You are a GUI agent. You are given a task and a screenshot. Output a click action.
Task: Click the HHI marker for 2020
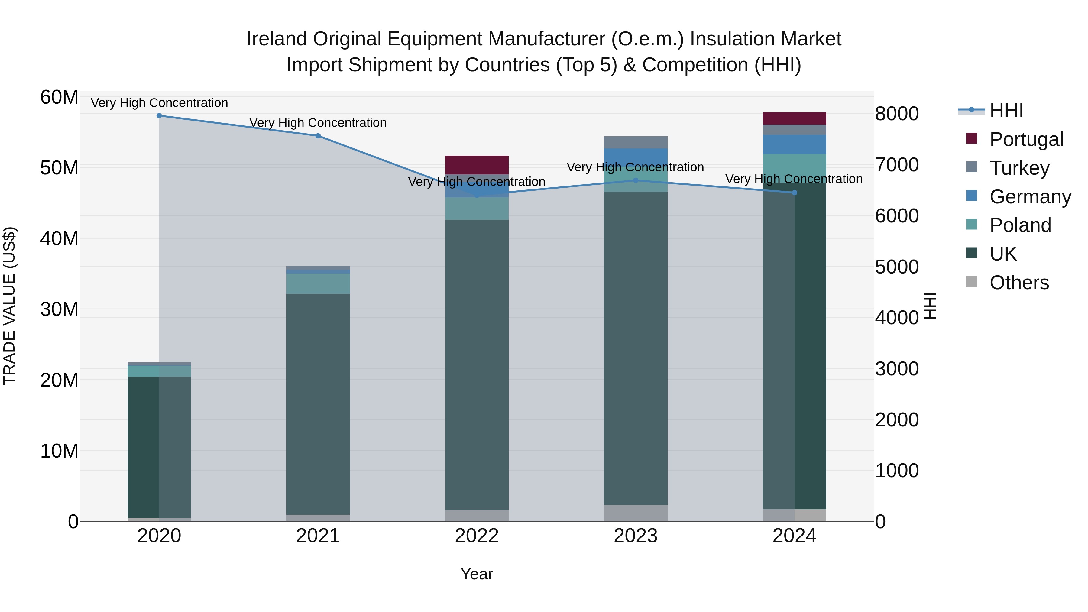point(159,116)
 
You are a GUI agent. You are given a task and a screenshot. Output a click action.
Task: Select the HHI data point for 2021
point(318,136)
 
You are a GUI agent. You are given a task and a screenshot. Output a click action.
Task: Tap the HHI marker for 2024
point(795,193)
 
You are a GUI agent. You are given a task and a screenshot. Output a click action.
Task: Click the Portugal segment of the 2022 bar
point(477,165)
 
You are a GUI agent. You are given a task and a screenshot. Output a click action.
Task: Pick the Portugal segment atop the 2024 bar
point(795,118)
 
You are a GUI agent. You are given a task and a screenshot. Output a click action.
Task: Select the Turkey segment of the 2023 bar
point(636,142)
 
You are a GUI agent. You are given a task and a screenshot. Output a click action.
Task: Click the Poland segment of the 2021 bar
point(318,283)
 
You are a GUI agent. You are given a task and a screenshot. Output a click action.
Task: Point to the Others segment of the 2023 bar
point(636,513)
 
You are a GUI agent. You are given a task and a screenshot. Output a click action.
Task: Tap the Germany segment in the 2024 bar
point(795,144)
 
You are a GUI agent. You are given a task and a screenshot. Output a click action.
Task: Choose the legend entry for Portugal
point(1026,139)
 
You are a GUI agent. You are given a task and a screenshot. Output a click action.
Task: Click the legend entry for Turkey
point(1019,168)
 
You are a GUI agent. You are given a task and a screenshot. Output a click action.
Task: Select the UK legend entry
point(1003,254)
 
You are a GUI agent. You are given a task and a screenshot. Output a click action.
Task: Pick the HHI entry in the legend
point(1006,111)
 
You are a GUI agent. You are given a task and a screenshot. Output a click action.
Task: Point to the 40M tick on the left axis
point(59,239)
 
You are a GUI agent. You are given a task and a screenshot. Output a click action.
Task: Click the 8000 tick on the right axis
point(897,114)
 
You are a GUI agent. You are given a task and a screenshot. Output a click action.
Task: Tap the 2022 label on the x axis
point(477,536)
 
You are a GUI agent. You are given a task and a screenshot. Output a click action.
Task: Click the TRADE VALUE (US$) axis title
point(9,306)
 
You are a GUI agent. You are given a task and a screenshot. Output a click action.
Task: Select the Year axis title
point(477,574)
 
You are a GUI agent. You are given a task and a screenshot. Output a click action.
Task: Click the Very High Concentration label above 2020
point(159,103)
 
